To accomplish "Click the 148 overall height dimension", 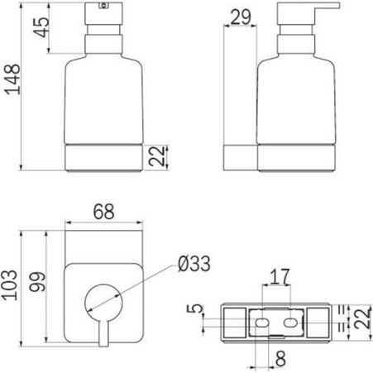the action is [13, 79].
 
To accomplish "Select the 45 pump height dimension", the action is [41, 27].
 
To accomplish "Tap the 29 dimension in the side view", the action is [241, 17].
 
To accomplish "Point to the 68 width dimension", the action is [103, 212].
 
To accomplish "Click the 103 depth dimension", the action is [9, 285].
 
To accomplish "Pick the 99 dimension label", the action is [37, 281].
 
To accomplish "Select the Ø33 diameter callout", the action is [194, 263].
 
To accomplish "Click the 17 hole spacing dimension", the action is [280, 277].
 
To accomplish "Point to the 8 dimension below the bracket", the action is [280, 359].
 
